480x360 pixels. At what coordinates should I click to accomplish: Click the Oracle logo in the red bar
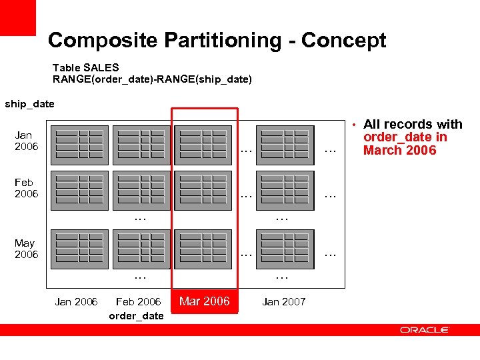pos(425,330)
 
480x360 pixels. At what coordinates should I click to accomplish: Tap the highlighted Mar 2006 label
pos(204,301)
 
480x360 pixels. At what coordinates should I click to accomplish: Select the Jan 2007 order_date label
pos(284,302)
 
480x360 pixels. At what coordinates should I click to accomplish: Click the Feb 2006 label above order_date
pos(138,302)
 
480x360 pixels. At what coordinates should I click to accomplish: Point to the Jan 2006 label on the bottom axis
pos(76,302)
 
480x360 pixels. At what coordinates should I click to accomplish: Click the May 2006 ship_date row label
pos(27,249)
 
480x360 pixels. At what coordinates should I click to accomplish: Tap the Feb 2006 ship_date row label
pos(27,188)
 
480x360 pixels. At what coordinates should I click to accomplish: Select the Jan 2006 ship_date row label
pos(27,141)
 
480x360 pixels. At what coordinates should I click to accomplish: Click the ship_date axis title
pos(29,104)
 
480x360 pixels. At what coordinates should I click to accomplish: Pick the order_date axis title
pos(136,316)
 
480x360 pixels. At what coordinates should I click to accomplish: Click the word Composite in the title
pos(101,41)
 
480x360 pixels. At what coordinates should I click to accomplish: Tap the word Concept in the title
pos(343,41)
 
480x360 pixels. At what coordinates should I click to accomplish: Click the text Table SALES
pos(86,67)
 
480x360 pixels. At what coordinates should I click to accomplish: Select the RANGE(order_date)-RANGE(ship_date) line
pos(152,79)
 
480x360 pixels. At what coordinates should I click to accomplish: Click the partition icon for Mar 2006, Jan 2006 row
pos(204,145)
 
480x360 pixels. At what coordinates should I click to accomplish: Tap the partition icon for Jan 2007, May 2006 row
pos(285,249)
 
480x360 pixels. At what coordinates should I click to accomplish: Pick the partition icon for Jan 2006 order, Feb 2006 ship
pos(79,190)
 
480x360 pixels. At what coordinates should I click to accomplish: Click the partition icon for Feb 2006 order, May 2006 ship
pos(142,249)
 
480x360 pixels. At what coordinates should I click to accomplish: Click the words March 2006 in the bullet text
pos(399,151)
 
